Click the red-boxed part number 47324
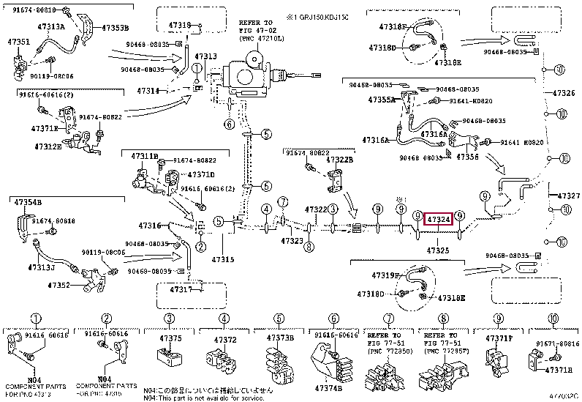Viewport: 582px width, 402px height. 439,218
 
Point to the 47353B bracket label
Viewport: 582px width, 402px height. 114,27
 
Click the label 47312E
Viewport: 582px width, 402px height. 49,146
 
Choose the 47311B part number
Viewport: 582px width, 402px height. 144,156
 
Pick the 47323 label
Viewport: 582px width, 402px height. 292,241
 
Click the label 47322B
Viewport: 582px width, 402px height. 339,160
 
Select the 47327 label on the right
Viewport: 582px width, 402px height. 568,196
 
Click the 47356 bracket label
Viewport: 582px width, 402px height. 468,156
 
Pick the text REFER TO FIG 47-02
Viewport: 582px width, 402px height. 259,27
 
